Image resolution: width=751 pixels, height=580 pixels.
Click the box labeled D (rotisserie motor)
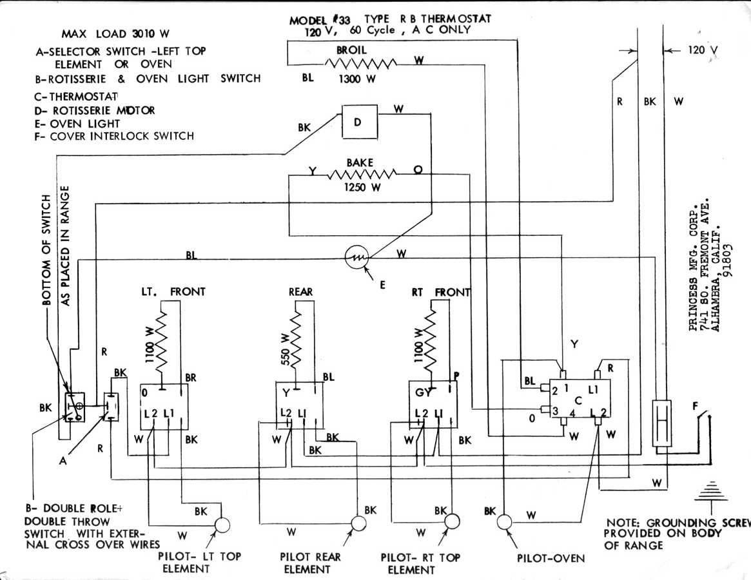point(357,121)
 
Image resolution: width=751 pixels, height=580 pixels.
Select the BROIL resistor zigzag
point(360,63)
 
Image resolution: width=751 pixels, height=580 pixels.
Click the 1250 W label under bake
point(360,187)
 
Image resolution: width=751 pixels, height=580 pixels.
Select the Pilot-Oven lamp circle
point(505,521)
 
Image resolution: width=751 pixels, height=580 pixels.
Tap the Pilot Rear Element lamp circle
point(358,523)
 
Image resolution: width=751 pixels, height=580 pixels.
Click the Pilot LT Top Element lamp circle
point(222,525)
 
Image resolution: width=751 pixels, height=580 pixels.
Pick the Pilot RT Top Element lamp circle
point(452,521)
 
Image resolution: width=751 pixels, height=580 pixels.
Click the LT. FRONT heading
point(173,292)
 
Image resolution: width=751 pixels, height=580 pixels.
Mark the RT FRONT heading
point(440,292)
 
